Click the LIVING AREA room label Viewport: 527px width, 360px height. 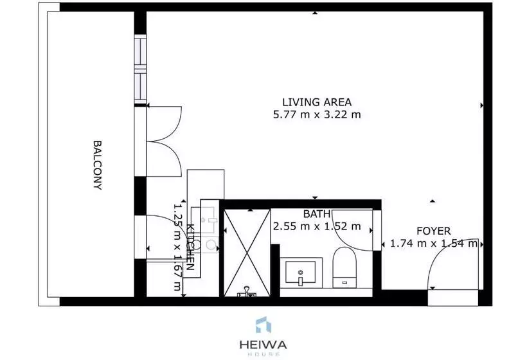[317, 102]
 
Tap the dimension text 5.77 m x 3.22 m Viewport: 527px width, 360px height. [317, 114]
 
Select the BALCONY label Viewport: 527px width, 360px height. [97, 165]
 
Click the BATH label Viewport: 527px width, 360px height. [317, 214]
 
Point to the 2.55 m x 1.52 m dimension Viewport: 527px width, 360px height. [317, 226]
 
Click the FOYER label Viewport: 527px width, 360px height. [434, 231]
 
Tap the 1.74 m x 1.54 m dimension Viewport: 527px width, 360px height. [434, 243]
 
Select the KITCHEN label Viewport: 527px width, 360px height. [190, 247]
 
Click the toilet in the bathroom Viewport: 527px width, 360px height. [344, 267]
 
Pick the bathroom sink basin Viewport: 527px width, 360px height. [301, 272]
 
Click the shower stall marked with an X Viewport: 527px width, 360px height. [247, 253]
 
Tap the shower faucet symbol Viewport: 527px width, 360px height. [247, 292]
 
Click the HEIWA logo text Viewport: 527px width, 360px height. [263, 345]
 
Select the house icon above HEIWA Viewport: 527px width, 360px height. [263, 325]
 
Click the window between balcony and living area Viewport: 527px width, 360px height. [141, 69]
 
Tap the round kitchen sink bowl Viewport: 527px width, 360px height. [211, 244]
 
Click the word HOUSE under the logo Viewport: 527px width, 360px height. [263, 354]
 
